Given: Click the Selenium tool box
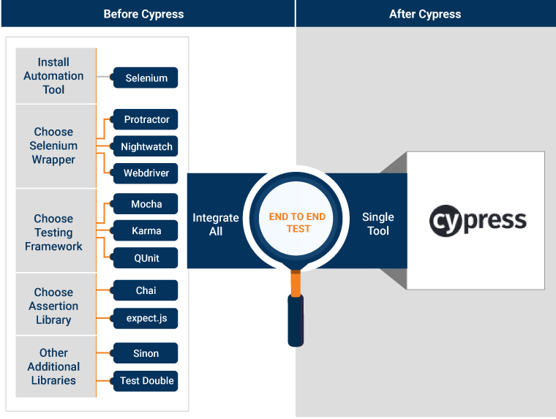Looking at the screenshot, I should point(146,78).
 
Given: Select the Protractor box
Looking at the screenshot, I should point(146,119).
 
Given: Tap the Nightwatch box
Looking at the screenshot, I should point(146,146).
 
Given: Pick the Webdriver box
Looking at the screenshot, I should point(146,173).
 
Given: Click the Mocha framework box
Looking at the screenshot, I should point(146,204).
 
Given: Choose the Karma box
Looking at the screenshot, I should point(146,231).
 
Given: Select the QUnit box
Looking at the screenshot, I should point(146,258).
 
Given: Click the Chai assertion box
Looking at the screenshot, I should point(146,290).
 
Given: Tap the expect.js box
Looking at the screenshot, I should point(146,318).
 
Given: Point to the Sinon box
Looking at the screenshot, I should point(146,353).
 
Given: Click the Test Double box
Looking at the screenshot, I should point(146,380).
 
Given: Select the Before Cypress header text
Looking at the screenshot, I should point(143,14).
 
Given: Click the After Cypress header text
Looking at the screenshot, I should point(425,14).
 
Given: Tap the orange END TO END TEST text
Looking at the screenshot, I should point(297,222).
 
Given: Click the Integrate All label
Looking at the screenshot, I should point(215,224).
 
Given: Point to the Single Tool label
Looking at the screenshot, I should point(377,224).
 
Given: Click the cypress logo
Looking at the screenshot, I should point(477,220).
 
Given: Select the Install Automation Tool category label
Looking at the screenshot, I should point(53,76).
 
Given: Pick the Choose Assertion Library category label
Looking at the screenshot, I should point(53,306).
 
